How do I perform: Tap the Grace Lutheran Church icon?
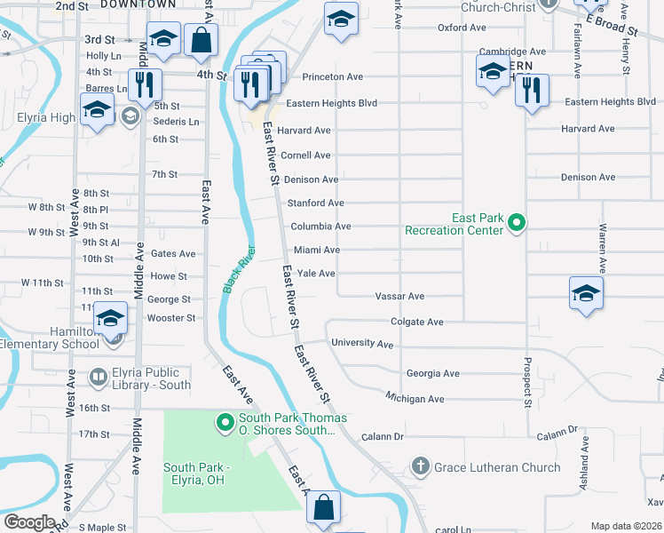tap(420, 466)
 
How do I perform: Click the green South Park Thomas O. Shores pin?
tap(225, 422)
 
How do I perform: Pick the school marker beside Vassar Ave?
tap(585, 294)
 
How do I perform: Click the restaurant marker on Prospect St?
tap(532, 91)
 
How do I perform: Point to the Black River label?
tap(238, 269)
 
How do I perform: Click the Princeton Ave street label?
tap(333, 77)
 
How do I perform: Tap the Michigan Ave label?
tap(414, 399)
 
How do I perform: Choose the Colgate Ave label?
tap(416, 322)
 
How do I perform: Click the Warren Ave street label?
tap(602, 248)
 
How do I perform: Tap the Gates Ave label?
tap(173, 253)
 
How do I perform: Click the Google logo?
tap(29, 521)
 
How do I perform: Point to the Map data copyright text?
tap(626, 526)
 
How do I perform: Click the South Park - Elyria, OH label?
tap(196, 474)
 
